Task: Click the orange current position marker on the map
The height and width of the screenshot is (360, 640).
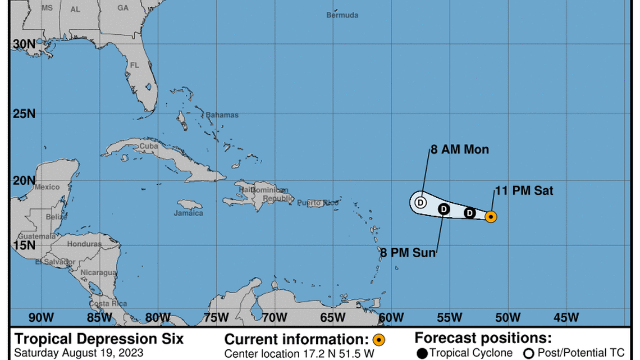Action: [x=490, y=216]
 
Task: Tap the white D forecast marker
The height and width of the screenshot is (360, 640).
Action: [x=420, y=202]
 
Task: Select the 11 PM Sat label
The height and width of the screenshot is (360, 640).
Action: [x=524, y=191]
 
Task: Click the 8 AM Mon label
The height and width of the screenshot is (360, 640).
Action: [x=460, y=149]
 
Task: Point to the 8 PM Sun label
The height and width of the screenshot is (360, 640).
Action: [x=408, y=253]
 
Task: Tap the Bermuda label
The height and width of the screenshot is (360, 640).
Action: [x=342, y=15]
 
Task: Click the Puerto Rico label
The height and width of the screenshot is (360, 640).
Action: [x=318, y=203]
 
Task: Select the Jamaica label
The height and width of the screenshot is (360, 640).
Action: [x=188, y=213]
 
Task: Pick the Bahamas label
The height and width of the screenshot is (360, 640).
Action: [x=222, y=115]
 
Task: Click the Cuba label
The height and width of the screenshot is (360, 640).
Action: [x=149, y=146]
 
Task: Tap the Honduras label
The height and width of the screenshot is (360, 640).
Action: [x=84, y=244]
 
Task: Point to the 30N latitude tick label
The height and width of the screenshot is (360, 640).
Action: [x=24, y=44]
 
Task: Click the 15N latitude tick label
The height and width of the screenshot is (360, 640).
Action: [x=24, y=245]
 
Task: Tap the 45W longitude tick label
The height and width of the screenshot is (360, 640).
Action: [x=566, y=317]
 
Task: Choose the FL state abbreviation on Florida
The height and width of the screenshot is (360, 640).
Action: [x=134, y=65]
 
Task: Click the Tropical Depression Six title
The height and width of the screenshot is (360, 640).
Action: [x=99, y=339]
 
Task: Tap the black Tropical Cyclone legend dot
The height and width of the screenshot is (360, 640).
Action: [x=423, y=353]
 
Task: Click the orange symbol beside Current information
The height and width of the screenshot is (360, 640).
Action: [x=379, y=340]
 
